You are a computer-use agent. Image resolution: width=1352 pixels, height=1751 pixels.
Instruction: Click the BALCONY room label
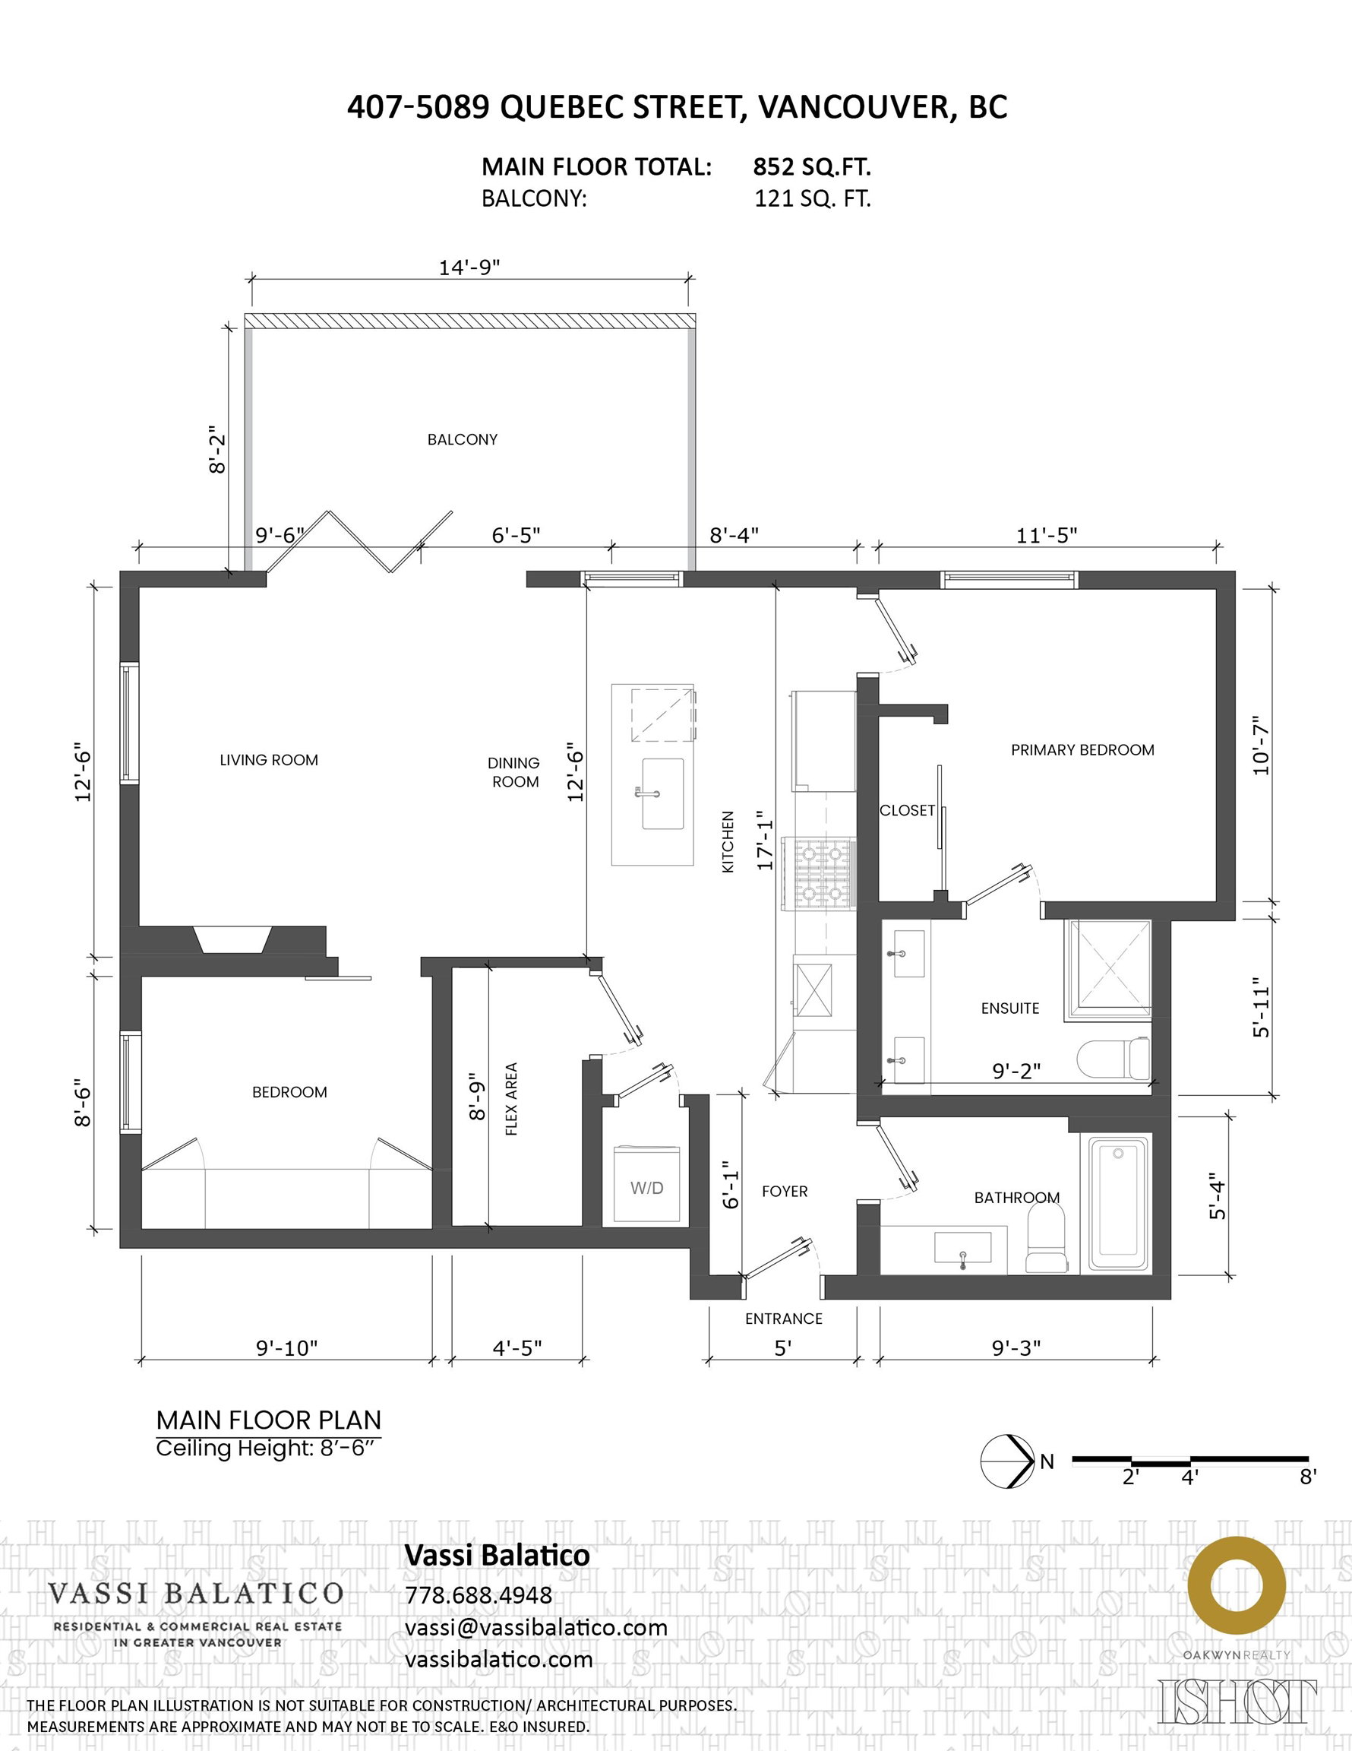pos(463,439)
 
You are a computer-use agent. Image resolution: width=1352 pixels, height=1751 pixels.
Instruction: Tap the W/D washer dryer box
pos(646,1186)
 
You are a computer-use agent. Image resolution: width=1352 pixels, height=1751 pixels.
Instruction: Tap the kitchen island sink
pos(662,793)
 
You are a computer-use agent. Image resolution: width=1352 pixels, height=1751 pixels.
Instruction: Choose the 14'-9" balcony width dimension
pos(469,267)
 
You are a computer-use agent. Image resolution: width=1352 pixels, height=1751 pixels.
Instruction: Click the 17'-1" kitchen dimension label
pos(766,840)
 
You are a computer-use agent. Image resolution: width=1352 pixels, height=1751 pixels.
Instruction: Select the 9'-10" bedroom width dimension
pos(287,1347)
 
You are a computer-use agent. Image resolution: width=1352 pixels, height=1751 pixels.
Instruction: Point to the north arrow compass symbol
pos(1008,1461)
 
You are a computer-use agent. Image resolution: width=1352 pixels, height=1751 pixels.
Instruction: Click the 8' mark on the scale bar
pos(1308,1476)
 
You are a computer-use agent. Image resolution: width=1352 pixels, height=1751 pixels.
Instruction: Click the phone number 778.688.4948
pos(479,1594)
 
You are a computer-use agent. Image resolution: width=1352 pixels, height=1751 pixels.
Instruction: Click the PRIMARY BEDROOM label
pos(1082,749)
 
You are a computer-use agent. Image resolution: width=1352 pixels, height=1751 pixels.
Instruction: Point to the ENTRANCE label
pos(784,1319)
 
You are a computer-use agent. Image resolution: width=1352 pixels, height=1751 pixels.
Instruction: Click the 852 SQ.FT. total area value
pos(812,166)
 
